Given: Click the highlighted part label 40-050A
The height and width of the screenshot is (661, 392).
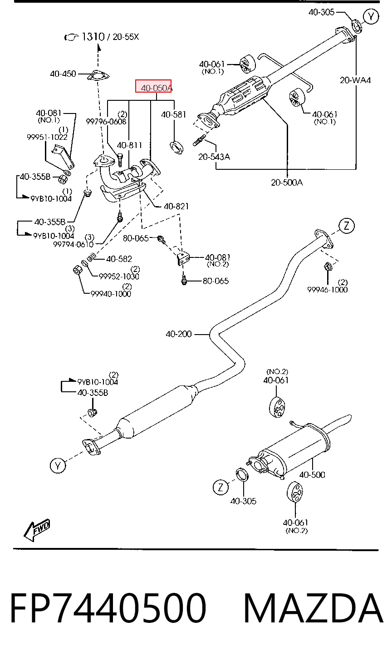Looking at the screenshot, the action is point(157,88).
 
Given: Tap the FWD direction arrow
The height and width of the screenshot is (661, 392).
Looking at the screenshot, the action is point(37,530).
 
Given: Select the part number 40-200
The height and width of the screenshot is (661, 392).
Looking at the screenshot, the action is point(179,334).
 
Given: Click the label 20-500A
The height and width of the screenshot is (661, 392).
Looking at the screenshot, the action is point(287,183).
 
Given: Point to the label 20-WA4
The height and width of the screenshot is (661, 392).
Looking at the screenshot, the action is point(355,80).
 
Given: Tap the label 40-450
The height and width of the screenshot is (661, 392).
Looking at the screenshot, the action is point(63,74).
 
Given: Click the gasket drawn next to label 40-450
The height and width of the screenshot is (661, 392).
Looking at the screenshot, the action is point(98,76).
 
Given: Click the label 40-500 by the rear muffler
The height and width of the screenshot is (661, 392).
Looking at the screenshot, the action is point(312,474).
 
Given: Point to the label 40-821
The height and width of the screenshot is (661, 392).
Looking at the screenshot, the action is point(176,206).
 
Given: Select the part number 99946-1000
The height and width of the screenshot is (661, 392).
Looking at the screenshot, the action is point(328,290).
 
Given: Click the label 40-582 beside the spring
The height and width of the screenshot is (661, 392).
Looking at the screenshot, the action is point(119,259).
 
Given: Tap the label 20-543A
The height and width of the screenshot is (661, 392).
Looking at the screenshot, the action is point(214,157).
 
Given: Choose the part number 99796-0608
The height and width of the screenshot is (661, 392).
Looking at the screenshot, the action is point(106,121).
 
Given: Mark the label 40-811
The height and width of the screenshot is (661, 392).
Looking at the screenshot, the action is point(129,145).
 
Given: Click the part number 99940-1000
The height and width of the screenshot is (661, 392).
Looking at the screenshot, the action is point(111,294).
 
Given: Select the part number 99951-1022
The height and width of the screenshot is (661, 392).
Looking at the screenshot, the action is point(47,137).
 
